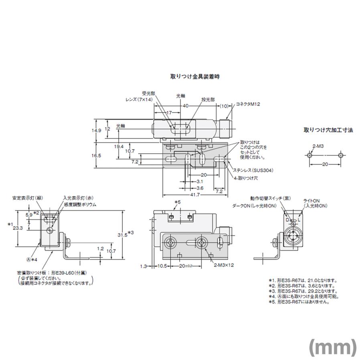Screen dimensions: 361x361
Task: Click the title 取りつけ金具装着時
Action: [195, 76]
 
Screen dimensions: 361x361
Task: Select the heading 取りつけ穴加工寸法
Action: [328, 130]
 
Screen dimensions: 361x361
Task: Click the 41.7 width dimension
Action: [196, 195]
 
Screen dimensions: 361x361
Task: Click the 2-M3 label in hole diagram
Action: [318, 146]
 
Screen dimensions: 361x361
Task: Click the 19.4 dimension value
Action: [119, 146]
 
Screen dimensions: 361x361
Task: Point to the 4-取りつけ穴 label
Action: [245, 176]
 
